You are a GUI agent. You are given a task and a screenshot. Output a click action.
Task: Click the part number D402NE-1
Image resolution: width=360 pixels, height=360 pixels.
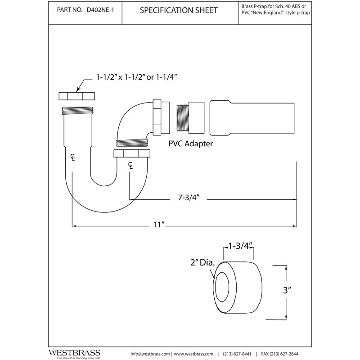click(x=100, y=10)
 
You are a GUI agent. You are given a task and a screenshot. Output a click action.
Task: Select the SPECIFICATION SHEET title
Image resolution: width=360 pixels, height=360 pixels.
click(x=179, y=10)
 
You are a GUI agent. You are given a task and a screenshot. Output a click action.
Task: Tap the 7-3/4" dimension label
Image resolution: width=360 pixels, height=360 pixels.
click(x=189, y=198)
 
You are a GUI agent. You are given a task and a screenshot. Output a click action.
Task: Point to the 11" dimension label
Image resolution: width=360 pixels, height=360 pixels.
click(x=159, y=224)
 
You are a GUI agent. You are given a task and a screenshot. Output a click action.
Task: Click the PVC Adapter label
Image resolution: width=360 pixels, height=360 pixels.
click(x=190, y=144)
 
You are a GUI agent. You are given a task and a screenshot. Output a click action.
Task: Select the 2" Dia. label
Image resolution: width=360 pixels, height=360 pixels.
click(x=202, y=263)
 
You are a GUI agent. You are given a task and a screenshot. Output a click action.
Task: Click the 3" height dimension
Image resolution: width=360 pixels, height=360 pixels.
click(x=287, y=290)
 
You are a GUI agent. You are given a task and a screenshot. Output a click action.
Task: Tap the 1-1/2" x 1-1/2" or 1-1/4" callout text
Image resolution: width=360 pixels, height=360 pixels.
click(x=137, y=77)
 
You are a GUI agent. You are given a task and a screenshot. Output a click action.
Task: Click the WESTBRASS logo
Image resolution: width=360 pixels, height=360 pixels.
click(x=74, y=353)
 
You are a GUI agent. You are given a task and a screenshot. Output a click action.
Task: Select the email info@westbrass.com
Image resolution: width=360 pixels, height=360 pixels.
click(x=150, y=354)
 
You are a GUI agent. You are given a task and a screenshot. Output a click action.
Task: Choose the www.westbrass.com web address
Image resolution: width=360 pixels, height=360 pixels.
click(x=193, y=354)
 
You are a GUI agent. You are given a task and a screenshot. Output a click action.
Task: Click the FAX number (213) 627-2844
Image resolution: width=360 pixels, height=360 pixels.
click(x=279, y=354)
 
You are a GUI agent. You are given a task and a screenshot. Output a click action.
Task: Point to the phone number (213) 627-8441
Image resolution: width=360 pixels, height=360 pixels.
click(x=237, y=354)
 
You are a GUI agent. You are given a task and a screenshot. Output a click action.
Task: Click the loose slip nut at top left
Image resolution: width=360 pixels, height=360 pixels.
click(x=76, y=96)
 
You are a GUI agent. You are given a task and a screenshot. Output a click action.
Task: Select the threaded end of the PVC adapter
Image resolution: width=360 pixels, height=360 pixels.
click(x=183, y=118)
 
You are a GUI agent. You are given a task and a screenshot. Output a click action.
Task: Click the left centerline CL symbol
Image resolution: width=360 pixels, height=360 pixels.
click(x=72, y=157)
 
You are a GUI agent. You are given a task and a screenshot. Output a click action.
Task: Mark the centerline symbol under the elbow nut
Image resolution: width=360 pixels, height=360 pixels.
click(x=130, y=165)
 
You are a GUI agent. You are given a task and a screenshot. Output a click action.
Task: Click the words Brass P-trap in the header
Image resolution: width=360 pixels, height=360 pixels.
click(x=254, y=6)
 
